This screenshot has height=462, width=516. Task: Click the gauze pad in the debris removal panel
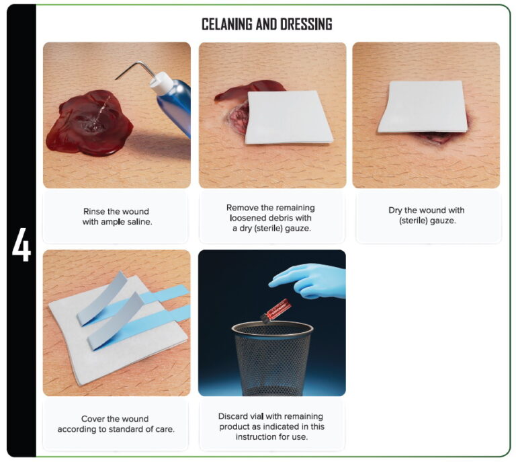(289, 117)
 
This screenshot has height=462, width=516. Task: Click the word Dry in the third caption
(396, 210)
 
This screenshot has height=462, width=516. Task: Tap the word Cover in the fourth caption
(95, 419)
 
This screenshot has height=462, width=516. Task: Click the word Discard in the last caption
(234, 416)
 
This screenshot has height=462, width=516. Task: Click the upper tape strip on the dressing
(104, 296)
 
